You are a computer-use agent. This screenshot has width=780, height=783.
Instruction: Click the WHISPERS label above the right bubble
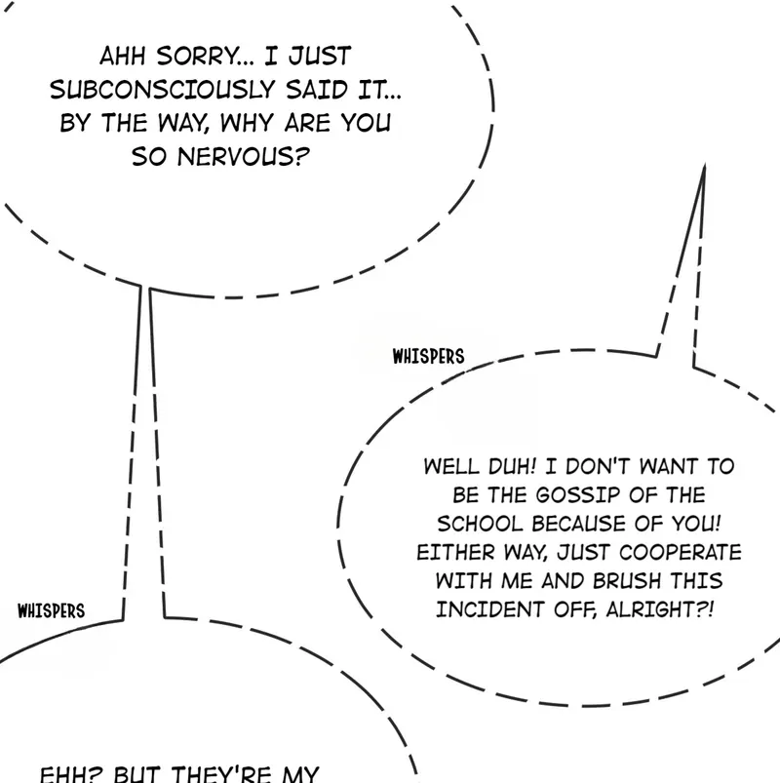click(x=428, y=356)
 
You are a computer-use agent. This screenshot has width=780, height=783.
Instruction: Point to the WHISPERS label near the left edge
click(x=52, y=611)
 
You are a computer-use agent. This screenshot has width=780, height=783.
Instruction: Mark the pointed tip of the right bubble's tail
click(x=703, y=168)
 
